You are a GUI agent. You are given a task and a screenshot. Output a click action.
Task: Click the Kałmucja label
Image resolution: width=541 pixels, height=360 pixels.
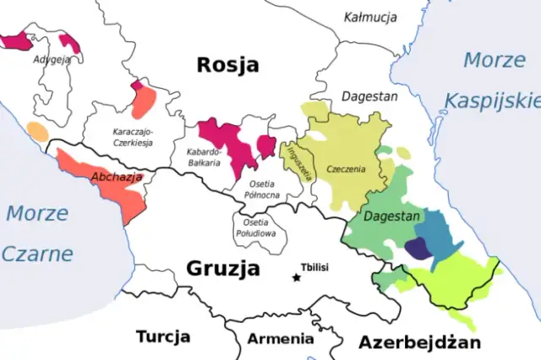369,18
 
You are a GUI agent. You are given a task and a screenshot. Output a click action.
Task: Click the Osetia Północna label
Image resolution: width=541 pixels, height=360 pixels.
263,188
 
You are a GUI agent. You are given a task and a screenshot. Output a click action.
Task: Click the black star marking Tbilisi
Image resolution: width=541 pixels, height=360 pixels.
296,277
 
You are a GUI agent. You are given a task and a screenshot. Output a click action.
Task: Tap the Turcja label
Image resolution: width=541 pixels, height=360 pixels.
162,337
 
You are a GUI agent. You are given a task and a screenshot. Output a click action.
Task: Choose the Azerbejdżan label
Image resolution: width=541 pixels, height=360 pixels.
419,342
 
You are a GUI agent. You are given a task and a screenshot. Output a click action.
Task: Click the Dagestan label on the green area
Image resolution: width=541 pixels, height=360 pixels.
391,217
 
